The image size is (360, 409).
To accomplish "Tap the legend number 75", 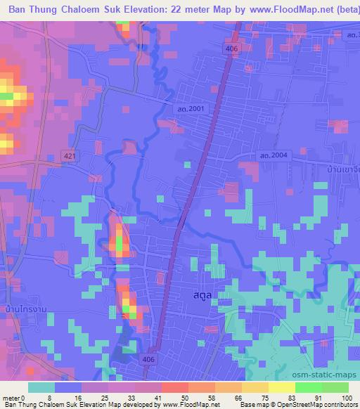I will coord(264,398).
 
